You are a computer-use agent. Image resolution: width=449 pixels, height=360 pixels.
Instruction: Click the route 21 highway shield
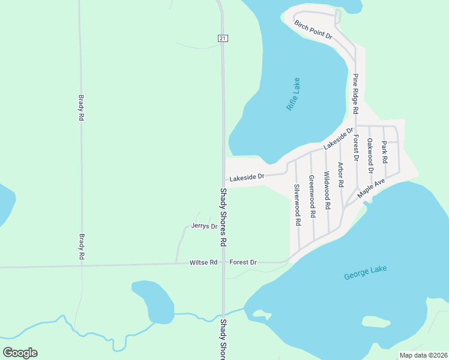coord(223,38)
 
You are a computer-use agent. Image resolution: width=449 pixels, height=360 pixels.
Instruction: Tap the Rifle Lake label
coord(294,94)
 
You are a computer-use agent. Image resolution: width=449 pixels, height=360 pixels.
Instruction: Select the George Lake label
coord(366,273)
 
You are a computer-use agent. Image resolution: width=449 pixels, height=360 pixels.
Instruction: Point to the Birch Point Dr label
coord(313,29)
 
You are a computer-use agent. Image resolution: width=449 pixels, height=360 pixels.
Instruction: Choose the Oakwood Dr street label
coord(370,155)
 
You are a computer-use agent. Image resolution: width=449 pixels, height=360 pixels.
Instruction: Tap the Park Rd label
coord(385,153)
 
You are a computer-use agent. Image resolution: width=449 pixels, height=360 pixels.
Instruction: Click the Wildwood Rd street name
coord(327,190)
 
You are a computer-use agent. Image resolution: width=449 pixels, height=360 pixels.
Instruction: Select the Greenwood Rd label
coord(312,196)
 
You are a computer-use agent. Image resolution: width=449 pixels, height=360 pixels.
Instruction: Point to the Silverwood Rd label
coord(297,204)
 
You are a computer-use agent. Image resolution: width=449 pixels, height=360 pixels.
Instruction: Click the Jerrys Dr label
coord(203,226)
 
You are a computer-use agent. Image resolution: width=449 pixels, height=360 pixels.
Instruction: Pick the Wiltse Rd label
coord(203,262)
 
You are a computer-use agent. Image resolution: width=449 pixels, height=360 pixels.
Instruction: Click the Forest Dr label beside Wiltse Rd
coord(243,262)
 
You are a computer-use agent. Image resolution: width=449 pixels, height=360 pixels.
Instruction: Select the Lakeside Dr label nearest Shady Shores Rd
coord(247,177)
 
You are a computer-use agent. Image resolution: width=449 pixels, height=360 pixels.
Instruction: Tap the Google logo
coord(20,353)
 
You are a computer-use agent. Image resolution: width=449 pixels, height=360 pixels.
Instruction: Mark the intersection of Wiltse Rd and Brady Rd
coord(82,265)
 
